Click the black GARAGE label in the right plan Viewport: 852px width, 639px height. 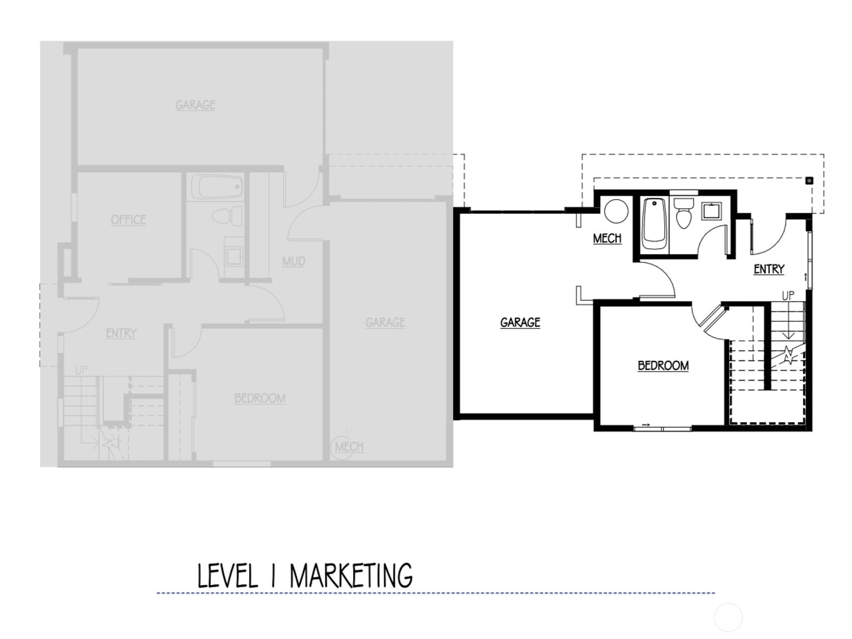[x=520, y=322]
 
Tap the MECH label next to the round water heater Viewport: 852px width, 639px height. [x=607, y=238]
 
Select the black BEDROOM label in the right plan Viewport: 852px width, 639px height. [x=663, y=365]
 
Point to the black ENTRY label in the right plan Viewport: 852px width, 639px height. [x=768, y=269]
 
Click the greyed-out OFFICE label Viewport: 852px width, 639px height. [x=128, y=219]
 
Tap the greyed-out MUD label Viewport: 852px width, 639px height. [x=293, y=261]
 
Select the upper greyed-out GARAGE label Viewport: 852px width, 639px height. [x=195, y=104]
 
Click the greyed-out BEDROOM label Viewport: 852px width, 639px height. [x=260, y=398]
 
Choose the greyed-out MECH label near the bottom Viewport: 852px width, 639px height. [x=349, y=446]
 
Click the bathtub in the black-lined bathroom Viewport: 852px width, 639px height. [x=654, y=224]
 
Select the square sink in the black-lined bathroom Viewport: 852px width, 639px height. [x=711, y=211]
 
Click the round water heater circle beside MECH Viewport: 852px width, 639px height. [x=616, y=211]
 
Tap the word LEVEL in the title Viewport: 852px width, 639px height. [x=227, y=576]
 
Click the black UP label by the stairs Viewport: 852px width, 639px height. [x=788, y=295]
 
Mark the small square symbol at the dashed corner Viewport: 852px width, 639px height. [x=809, y=181]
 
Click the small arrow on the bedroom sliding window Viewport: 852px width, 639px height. [x=646, y=424]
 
